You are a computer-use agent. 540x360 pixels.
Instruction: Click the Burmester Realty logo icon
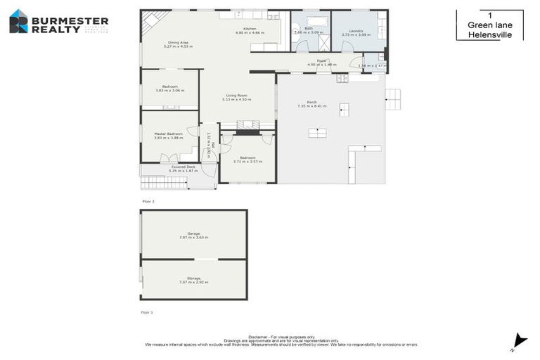click(19, 21)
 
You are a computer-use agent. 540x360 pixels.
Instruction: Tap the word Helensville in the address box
click(489, 34)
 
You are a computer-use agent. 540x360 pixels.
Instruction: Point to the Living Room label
click(236, 96)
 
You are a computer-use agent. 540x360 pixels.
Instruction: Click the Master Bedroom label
click(168, 134)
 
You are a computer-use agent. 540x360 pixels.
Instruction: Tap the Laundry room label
click(356, 30)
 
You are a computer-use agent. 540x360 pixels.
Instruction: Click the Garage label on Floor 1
click(193, 233)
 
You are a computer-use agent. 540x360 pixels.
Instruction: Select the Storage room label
click(193, 278)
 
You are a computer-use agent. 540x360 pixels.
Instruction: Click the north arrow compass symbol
click(519, 340)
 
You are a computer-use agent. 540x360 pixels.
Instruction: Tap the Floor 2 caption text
click(148, 201)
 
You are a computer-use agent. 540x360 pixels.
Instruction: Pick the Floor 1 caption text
click(148, 311)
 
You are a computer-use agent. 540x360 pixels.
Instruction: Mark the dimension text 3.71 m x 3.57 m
click(247, 162)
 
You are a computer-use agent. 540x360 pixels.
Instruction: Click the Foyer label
click(321, 60)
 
